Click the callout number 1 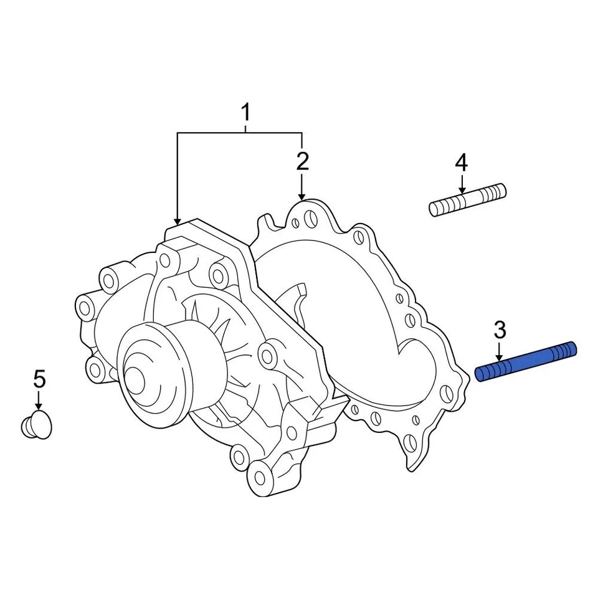[x=245, y=113]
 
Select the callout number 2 [x=302, y=162]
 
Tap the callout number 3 [x=500, y=330]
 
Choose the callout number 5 [x=39, y=378]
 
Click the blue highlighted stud [x=526, y=362]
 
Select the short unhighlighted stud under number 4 [x=468, y=199]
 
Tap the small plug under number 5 [x=37, y=425]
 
